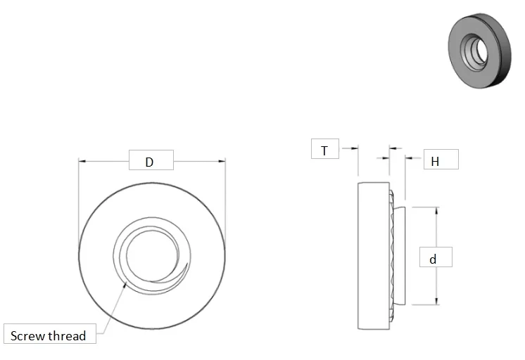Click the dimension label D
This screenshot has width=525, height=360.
150,162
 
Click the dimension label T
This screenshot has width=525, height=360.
324,150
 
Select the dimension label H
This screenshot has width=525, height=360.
435,160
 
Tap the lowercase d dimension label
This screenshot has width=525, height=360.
434,258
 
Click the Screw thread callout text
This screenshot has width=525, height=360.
49,335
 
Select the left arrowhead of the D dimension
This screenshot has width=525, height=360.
82,162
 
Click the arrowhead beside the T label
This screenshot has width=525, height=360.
354,148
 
